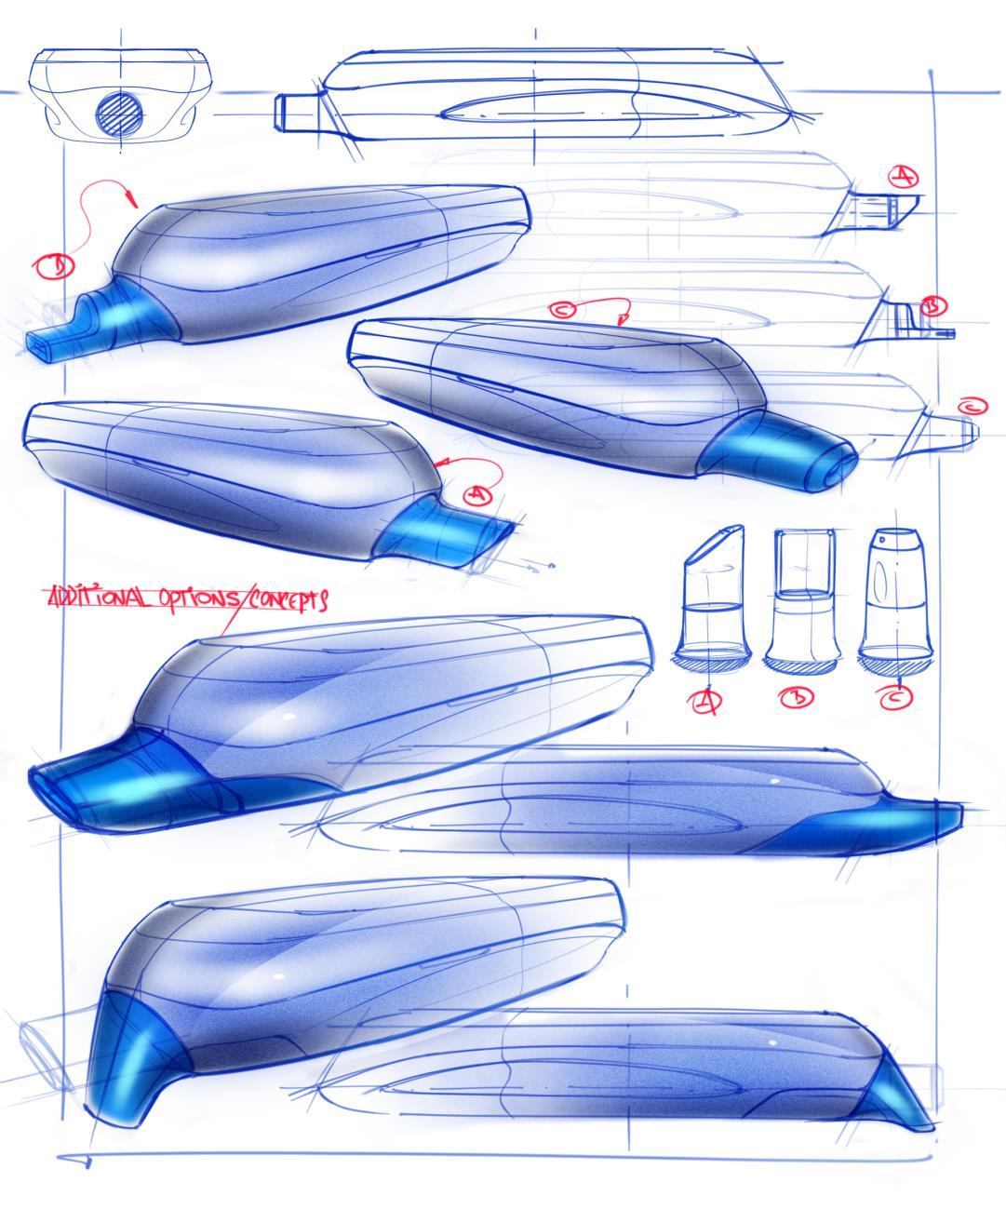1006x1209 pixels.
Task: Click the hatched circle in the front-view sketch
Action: point(120,113)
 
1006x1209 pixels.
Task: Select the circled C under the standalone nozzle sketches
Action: point(896,696)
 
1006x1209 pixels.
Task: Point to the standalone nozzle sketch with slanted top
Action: point(712,596)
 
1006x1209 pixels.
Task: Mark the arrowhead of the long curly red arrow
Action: point(134,197)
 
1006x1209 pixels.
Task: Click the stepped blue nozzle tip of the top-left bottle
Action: point(88,322)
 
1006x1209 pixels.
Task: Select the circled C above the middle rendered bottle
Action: point(562,310)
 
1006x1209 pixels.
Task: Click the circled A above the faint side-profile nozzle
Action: point(903,176)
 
